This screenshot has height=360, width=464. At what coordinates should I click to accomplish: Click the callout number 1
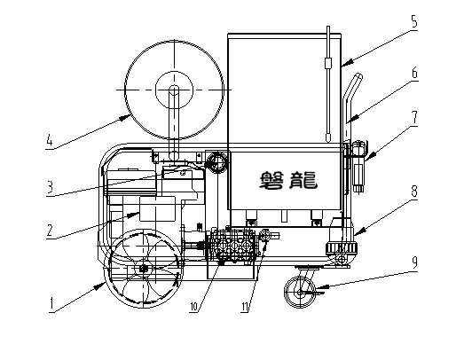pyautogui.click(x=51, y=304)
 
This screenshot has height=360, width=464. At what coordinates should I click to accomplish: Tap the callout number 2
pyautogui.click(x=50, y=230)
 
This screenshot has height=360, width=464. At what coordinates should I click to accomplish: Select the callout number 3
pyautogui.click(x=50, y=186)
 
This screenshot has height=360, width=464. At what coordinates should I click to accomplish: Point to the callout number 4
pyautogui.click(x=50, y=139)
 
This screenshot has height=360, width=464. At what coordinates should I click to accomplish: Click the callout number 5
pyautogui.click(x=414, y=21)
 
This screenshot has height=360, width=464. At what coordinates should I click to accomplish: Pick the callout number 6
pyautogui.click(x=415, y=73)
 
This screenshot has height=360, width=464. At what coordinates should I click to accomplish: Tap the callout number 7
pyautogui.click(x=414, y=117)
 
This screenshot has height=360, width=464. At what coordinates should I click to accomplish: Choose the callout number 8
pyautogui.click(x=414, y=192)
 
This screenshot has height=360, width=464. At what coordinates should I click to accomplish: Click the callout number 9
pyautogui.click(x=414, y=262)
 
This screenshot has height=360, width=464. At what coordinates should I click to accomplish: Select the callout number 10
pyautogui.click(x=193, y=307)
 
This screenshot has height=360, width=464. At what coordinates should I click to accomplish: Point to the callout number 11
pyautogui.click(x=245, y=307)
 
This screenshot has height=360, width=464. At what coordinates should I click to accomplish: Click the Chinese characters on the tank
pyautogui.click(x=288, y=181)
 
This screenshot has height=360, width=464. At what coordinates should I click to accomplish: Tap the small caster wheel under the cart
pyautogui.click(x=300, y=293)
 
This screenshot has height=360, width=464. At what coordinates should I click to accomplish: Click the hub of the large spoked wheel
pyautogui.click(x=144, y=269)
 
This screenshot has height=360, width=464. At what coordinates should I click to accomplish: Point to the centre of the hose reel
pyautogui.click(x=174, y=90)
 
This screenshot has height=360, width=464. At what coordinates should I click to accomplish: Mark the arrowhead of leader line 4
pyautogui.click(x=125, y=118)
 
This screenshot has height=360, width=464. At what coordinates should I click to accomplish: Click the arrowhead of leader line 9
pyautogui.click(x=320, y=287)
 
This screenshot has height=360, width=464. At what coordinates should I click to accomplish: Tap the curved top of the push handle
pyautogui.click(x=358, y=77)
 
